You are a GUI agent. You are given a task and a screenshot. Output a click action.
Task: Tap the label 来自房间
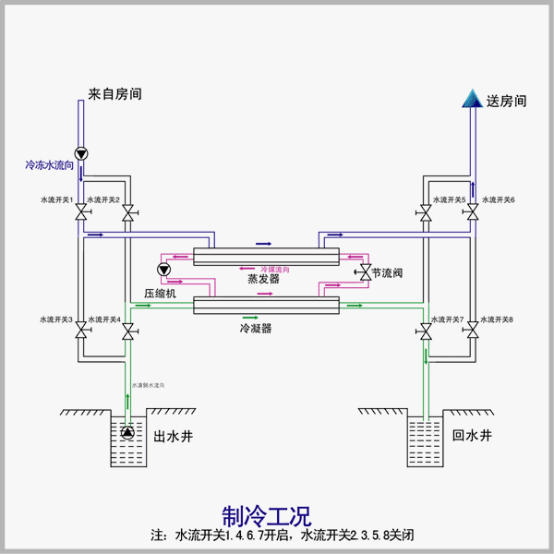pyautogui.click(x=114, y=94)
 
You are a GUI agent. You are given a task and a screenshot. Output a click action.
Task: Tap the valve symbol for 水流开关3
pyautogui.click(x=80, y=330)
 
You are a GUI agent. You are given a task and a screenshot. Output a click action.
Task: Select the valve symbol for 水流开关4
pyautogui.click(x=126, y=330)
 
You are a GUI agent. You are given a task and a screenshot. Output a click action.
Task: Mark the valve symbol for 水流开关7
pyautogui.click(x=426, y=330)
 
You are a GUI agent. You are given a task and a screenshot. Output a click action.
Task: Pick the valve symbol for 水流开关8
pyautogui.click(x=472, y=330)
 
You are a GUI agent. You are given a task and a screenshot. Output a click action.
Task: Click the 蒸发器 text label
pyautogui.click(x=263, y=278)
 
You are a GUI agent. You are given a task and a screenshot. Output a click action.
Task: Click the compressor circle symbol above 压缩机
pyautogui.click(x=164, y=270)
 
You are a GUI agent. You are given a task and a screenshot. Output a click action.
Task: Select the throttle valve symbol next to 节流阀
pyautogui.click(x=364, y=273)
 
